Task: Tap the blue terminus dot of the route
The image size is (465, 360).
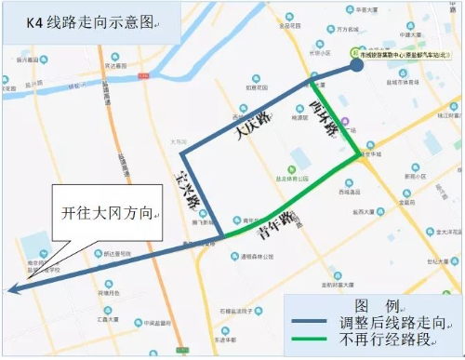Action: (x=357, y=65)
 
